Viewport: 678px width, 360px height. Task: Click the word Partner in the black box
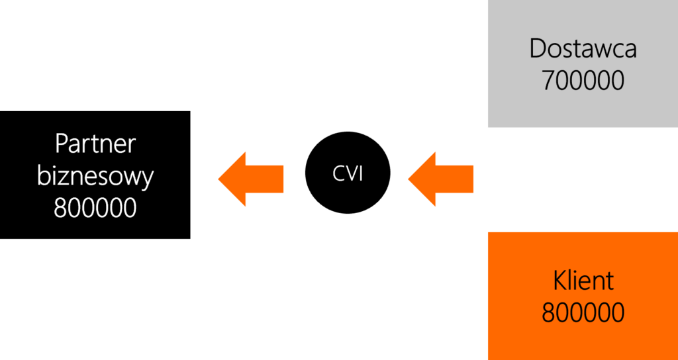pyautogui.click(x=95, y=144)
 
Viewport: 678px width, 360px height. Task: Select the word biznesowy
pyautogui.click(x=95, y=177)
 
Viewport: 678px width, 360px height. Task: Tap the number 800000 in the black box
pyautogui.click(x=95, y=208)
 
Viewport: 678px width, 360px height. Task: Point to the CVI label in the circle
pyautogui.click(x=348, y=173)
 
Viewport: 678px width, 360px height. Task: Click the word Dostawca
pyautogui.click(x=583, y=49)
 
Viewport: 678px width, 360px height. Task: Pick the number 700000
pyautogui.click(x=583, y=80)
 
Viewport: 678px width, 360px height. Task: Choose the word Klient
pyautogui.click(x=583, y=281)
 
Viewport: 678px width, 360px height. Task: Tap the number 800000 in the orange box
pyautogui.click(x=583, y=313)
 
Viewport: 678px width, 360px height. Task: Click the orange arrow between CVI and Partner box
pyautogui.click(x=251, y=179)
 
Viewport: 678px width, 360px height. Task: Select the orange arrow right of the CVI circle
pyautogui.click(x=440, y=179)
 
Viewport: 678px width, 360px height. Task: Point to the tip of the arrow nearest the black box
pyautogui.click(x=218, y=179)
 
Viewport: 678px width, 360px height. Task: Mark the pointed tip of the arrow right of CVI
pyautogui.click(x=408, y=179)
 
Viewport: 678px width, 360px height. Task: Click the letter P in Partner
pyautogui.click(x=62, y=144)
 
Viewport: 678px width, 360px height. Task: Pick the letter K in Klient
pyautogui.click(x=560, y=281)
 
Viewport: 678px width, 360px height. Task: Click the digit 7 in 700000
pyautogui.click(x=548, y=80)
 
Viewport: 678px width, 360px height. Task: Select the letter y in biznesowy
pyautogui.click(x=148, y=180)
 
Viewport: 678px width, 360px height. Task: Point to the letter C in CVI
pyautogui.click(x=338, y=173)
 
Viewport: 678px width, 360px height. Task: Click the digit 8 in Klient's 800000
pyautogui.click(x=548, y=313)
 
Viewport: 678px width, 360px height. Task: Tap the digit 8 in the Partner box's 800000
pyautogui.click(x=60, y=208)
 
